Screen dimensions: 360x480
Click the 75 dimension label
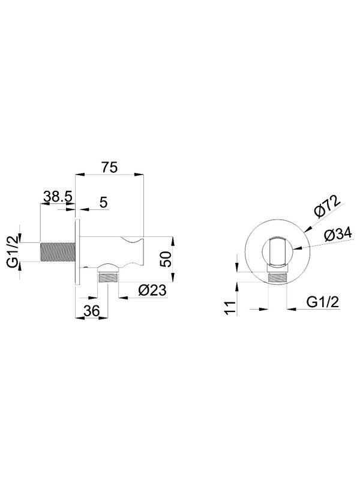click(x=110, y=168)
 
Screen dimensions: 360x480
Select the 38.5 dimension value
click(x=57, y=197)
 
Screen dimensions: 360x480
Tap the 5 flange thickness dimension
click(x=104, y=203)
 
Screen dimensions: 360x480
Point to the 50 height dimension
click(x=166, y=259)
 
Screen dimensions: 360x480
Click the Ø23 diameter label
click(x=152, y=290)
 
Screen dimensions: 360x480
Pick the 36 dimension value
click(x=92, y=311)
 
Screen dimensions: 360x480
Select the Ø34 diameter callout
click(x=338, y=235)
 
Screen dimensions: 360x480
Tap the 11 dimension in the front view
click(x=231, y=307)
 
